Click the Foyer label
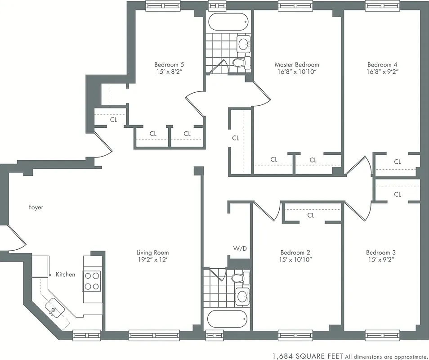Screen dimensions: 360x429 [36, 207]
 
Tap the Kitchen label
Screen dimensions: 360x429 [65, 274]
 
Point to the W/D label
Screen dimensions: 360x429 [240, 248]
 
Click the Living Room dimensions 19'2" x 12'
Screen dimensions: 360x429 [152, 260]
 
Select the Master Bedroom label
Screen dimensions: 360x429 [297, 64]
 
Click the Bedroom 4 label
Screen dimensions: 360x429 [382, 64]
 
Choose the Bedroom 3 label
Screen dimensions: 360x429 [381, 252]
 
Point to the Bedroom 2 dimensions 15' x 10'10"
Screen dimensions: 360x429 [295, 260]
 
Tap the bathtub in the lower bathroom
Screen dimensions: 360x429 [228, 320]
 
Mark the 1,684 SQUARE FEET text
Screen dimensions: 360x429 [308, 355]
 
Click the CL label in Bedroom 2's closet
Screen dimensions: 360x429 [311, 216]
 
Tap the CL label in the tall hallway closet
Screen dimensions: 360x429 [236, 138]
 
